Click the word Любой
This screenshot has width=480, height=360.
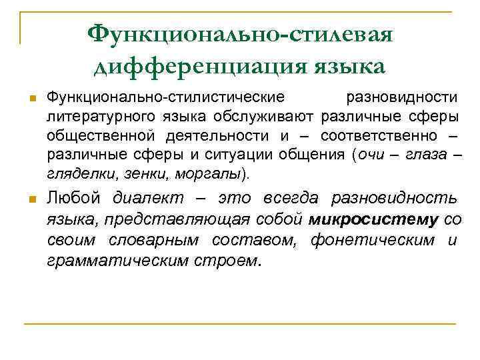point(73,198)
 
